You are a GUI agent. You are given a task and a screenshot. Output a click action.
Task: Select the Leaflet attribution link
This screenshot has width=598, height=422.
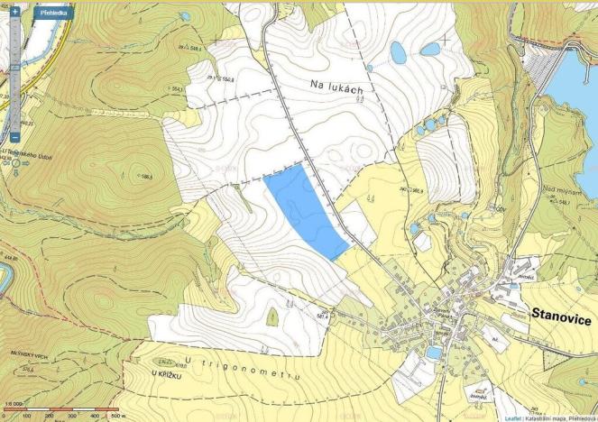511,417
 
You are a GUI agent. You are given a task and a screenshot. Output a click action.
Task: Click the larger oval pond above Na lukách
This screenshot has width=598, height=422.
398,53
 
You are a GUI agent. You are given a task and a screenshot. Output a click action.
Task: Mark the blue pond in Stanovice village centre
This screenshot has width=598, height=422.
435,353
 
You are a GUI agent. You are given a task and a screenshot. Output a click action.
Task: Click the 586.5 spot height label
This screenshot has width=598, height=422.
137,177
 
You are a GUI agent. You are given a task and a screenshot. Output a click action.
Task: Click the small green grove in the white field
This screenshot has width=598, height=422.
271,316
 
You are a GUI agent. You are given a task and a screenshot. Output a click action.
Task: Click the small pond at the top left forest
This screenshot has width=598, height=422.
185,16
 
